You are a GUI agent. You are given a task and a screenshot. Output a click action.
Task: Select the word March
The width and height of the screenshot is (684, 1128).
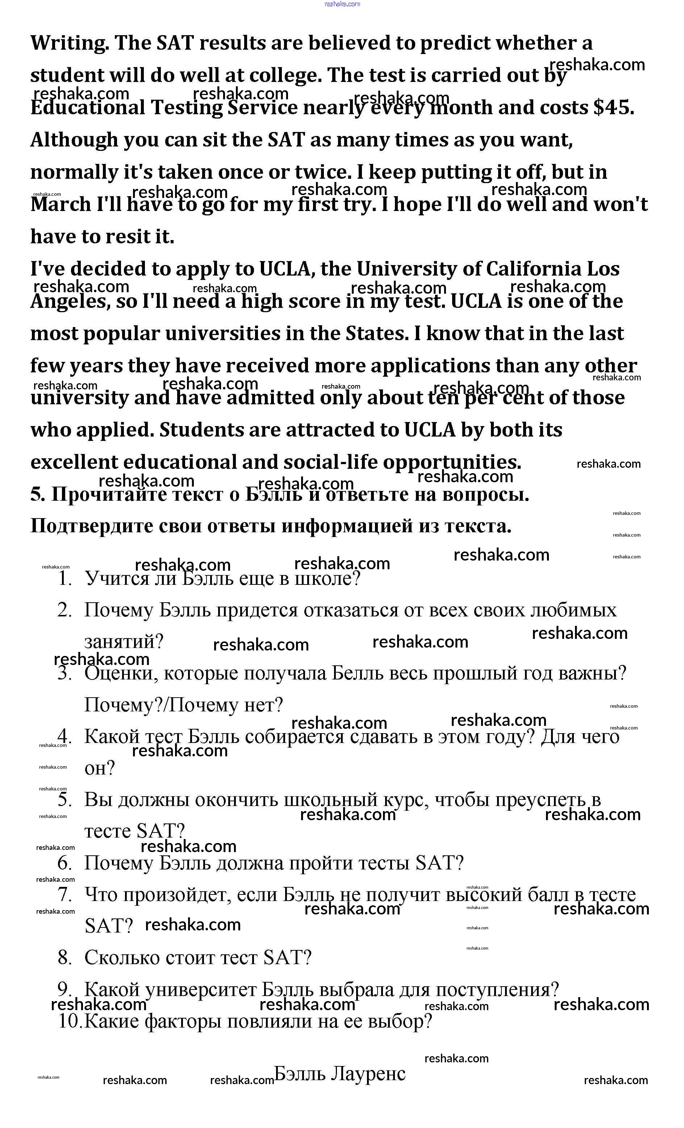tap(61, 204)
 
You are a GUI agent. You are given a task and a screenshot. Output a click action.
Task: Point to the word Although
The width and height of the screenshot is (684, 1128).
tap(74, 140)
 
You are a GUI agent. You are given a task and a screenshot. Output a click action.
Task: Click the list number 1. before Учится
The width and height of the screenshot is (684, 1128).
tap(66, 579)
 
